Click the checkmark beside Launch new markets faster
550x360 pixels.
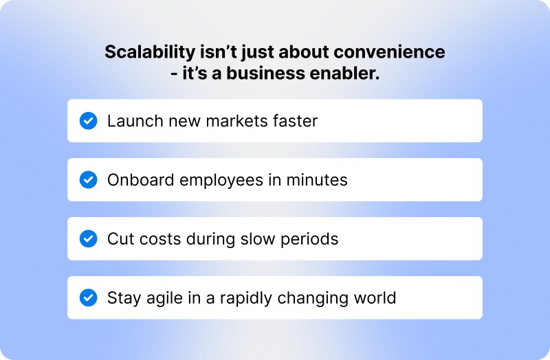point(88,121)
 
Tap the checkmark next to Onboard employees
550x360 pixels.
point(88,180)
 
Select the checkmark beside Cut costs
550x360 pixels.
point(88,239)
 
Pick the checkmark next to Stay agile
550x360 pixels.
point(88,298)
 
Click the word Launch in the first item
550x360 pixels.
point(131,122)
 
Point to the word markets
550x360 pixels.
point(228,122)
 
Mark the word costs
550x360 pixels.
point(153,239)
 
